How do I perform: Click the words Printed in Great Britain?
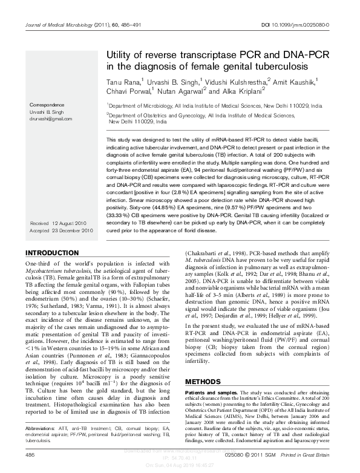point(307,455)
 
